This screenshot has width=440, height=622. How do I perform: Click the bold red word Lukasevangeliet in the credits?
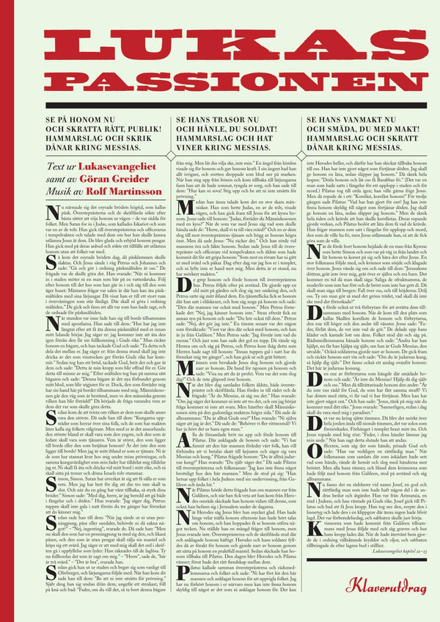(111, 169)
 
